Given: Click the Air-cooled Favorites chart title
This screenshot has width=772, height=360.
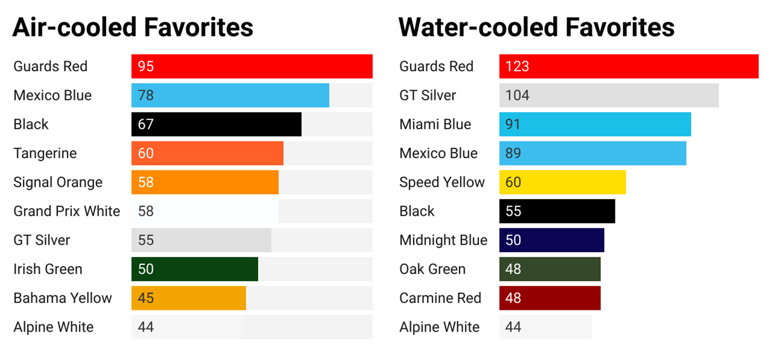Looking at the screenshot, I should coord(133,27).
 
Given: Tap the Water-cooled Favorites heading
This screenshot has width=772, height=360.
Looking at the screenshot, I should coord(536,27).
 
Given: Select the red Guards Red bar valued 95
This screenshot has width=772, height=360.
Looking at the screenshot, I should coord(252,66).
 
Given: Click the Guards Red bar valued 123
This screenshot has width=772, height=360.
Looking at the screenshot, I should coord(628,66).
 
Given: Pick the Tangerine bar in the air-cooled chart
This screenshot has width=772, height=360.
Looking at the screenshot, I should coord(207,153).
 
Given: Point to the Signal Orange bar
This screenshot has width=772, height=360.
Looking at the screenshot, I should coord(205,182).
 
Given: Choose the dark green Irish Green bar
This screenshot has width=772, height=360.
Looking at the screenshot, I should coord(195,269).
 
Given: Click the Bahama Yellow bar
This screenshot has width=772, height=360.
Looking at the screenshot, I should coord(189,298).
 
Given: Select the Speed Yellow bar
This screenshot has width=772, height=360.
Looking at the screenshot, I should coord(563,182).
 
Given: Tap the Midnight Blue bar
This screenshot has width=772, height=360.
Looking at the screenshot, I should coord(552,240).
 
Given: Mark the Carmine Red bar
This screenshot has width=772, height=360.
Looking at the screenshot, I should coord(550,298).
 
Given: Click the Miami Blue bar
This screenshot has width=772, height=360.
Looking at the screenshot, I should coord(595,125).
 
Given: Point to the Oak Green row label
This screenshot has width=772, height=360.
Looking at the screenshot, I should coord(432,269).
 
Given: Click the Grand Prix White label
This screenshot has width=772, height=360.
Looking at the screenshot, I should coord(67,211).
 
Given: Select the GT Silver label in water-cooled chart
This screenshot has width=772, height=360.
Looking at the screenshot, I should coord(427,95).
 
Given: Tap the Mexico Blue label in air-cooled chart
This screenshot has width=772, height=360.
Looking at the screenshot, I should coord(52,95).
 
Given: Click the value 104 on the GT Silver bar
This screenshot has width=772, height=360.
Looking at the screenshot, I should coord(517,95).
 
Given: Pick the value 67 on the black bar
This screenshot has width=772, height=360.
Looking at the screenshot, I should coord(146,125).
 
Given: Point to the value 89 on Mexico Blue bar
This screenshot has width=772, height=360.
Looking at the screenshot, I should coord(513,153).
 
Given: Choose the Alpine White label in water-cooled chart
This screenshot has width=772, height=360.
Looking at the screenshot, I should coord(439,327).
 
